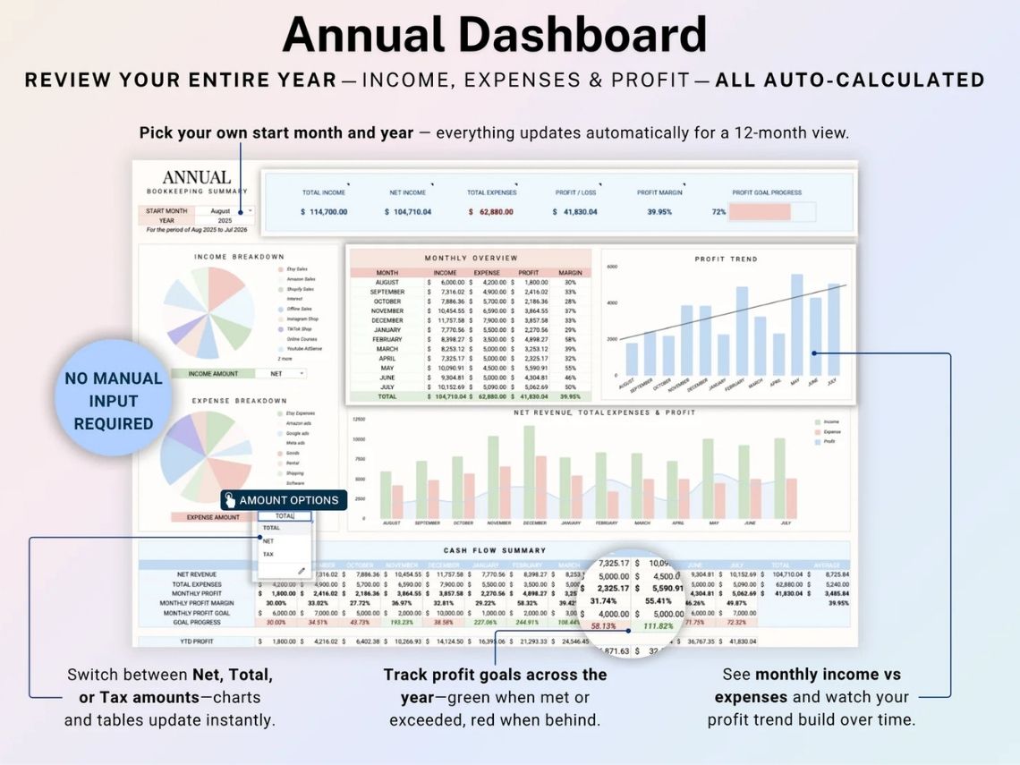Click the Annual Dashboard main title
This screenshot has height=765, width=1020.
coord(494,35)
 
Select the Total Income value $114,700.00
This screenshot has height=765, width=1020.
coord(324,212)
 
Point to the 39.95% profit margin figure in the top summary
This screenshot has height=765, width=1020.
coord(659,212)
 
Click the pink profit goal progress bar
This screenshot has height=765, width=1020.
coord(760,212)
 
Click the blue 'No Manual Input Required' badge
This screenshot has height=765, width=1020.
coord(114,401)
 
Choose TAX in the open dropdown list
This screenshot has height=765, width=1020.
coord(268,554)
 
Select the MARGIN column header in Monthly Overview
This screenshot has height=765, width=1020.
coord(570,273)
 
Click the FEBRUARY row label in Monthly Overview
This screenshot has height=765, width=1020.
coord(387,339)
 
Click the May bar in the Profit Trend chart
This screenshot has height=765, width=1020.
coord(796,325)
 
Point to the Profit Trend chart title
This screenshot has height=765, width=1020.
coord(726,259)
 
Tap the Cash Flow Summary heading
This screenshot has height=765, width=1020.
coord(494,550)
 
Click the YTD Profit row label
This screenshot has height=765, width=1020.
coord(196,642)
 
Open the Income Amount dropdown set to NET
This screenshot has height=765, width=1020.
coord(281,373)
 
